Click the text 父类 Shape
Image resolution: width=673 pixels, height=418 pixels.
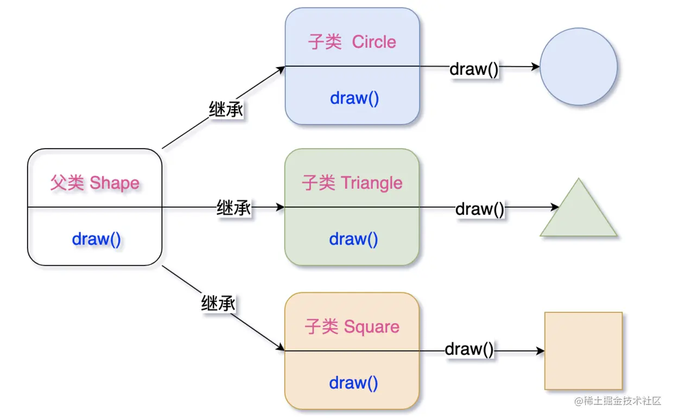(95, 183)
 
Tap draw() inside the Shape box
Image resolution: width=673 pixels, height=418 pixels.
(97, 239)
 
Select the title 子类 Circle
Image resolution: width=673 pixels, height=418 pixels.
(352, 42)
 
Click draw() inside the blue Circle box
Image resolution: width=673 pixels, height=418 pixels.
(354, 98)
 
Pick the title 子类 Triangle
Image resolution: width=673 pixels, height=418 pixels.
(352, 183)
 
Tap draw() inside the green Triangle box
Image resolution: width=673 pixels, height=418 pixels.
(353, 239)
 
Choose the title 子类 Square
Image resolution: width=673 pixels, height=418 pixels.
(352, 327)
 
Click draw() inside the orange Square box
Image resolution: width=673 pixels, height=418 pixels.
(353, 383)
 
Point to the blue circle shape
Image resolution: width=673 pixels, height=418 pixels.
(579, 67)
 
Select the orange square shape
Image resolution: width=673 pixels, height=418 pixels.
(583, 351)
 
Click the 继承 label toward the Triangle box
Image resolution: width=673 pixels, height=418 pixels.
(233, 208)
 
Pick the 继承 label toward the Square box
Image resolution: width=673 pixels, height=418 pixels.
(218, 304)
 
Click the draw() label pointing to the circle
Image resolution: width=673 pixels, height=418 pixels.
(474, 69)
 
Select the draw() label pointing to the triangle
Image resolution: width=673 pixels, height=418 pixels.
(480, 209)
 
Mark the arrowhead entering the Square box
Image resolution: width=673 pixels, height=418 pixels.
(281, 348)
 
